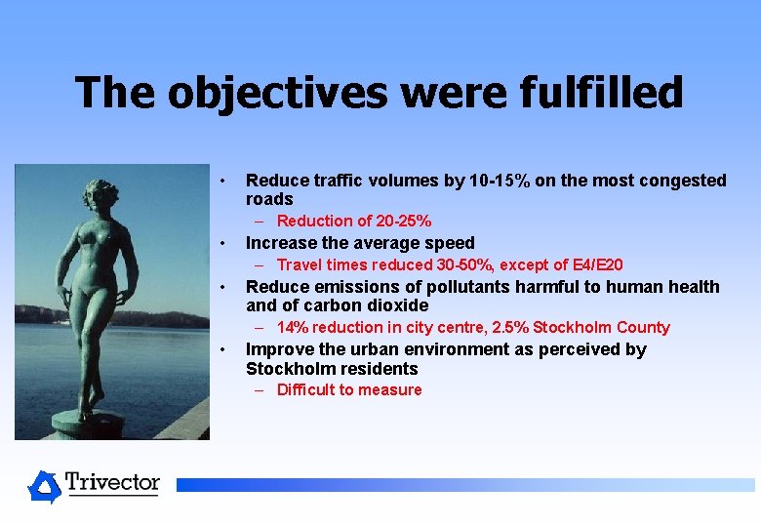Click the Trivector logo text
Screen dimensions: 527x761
pyautogui.click(x=112, y=482)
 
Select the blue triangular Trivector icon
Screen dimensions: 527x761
pyautogui.click(x=44, y=485)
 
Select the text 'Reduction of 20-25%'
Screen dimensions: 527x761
pyautogui.click(x=353, y=222)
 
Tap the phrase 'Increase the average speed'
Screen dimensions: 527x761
pyautogui.click(x=360, y=243)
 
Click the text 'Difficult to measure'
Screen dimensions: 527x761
pyautogui.click(x=349, y=389)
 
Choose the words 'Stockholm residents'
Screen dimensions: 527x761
pyautogui.click(x=332, y=369)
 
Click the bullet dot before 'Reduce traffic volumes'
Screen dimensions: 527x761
pyautogui.click(x=223, y=181)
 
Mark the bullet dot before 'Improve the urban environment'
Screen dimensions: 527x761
pyautogui.click(x=223, y=349)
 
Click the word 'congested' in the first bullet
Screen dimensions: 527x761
pyautogui.click(x=686, y=181)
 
